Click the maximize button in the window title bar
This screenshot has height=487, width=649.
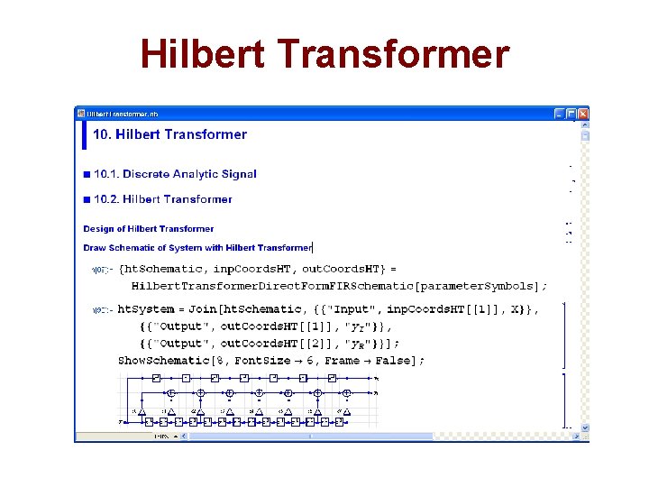tap(571, 115)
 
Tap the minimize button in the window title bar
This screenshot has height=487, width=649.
tap(560, 115)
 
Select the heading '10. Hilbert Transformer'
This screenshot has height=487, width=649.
tap(169, 134)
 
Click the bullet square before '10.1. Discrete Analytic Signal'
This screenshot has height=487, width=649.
tap(87, 174)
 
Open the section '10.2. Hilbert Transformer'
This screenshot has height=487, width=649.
tap(162, 199)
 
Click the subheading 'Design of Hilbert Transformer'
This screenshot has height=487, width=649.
tap(149, 229)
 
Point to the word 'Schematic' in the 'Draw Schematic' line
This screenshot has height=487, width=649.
tap(134, 248)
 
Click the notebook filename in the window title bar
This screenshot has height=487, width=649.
tap(123, 115)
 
